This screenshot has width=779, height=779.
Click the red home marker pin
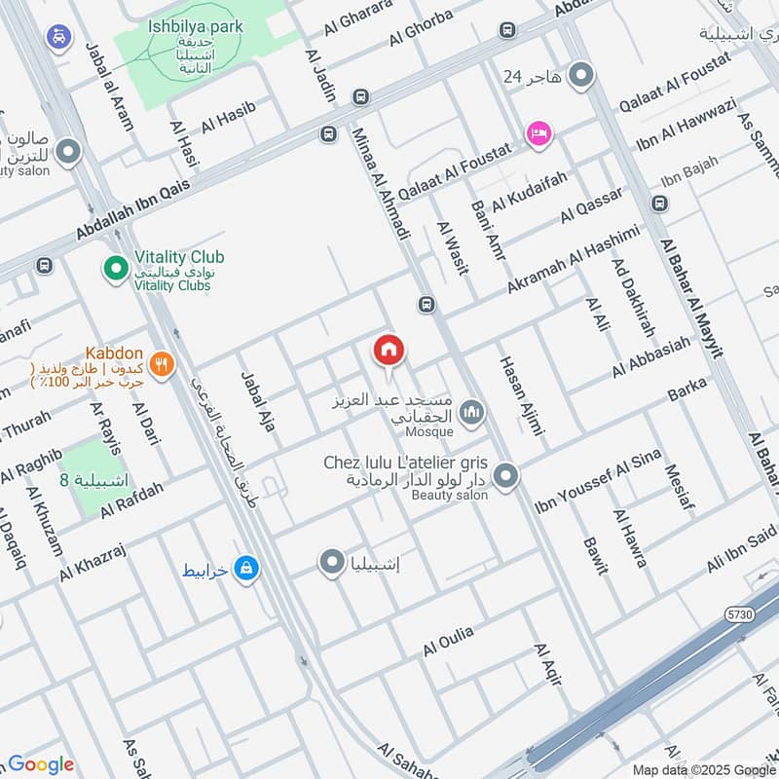coord(389,351)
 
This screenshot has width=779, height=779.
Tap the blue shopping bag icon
coord(247,568)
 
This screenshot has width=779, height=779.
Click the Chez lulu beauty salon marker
coord(505,476)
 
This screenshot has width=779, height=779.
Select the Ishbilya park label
coord(196,27)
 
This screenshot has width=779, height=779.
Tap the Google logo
coord(41,764)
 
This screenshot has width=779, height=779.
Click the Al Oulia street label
coord(448,640)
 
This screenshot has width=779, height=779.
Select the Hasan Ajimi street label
coord(520,394)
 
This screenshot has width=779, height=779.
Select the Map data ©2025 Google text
coord(697,769)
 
